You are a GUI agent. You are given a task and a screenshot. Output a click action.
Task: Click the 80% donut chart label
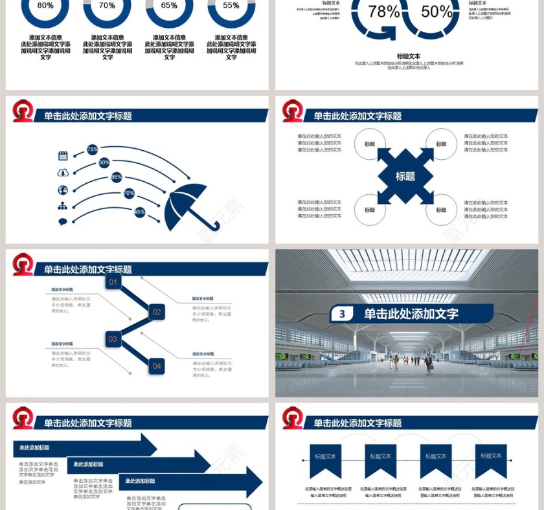45,6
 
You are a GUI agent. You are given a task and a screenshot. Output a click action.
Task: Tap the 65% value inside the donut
169,6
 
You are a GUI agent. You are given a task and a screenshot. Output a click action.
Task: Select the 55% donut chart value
231,6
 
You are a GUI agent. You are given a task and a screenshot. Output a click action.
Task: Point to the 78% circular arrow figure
383,12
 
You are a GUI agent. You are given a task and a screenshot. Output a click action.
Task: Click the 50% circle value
436,12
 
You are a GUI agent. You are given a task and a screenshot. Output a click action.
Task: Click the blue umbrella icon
186,206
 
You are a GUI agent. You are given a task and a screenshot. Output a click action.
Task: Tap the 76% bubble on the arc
93,149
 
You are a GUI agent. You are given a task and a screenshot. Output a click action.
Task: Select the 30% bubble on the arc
104,163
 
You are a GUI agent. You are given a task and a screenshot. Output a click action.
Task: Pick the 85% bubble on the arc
117,177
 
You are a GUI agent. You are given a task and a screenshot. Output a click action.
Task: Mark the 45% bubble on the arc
139,212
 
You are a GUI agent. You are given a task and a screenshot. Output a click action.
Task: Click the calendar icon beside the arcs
63,155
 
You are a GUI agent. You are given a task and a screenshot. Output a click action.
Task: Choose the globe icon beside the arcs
63,190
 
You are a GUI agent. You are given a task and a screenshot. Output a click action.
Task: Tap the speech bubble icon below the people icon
63,222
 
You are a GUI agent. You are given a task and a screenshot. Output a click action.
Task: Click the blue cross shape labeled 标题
405,176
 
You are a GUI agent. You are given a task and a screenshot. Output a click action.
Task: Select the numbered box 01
113,282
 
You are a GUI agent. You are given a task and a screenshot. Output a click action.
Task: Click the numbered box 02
157,312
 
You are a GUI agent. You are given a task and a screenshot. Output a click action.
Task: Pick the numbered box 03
113,338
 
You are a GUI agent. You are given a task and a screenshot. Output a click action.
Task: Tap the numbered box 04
157,366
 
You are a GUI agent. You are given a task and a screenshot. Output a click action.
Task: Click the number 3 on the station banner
343,315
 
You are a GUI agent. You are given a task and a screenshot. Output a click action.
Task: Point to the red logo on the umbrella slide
24,111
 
